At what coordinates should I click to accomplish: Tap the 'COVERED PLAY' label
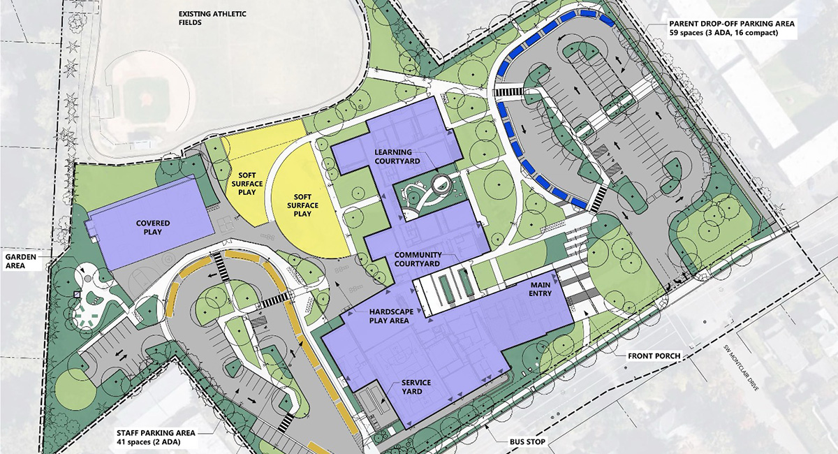[158, 228]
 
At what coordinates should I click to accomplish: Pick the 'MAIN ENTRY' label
[541, 289]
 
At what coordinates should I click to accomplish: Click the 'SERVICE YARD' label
[416, 388]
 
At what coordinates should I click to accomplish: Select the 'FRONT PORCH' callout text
[654, 356]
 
